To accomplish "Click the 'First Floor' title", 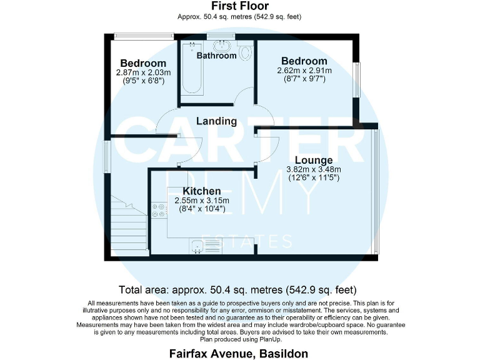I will tap(239, 6).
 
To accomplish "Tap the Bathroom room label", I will tap(217, 56).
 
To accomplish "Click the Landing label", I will tap(216, 121).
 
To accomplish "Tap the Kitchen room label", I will tap(201, 191).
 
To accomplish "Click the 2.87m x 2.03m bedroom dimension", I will tap(143, 72).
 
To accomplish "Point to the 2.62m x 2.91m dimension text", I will tap(304, 71).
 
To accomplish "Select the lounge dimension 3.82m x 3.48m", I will tap(314, 169).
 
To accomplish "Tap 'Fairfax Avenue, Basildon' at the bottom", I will tap(239, 353).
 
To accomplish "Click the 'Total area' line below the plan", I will tap(237, 290).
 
